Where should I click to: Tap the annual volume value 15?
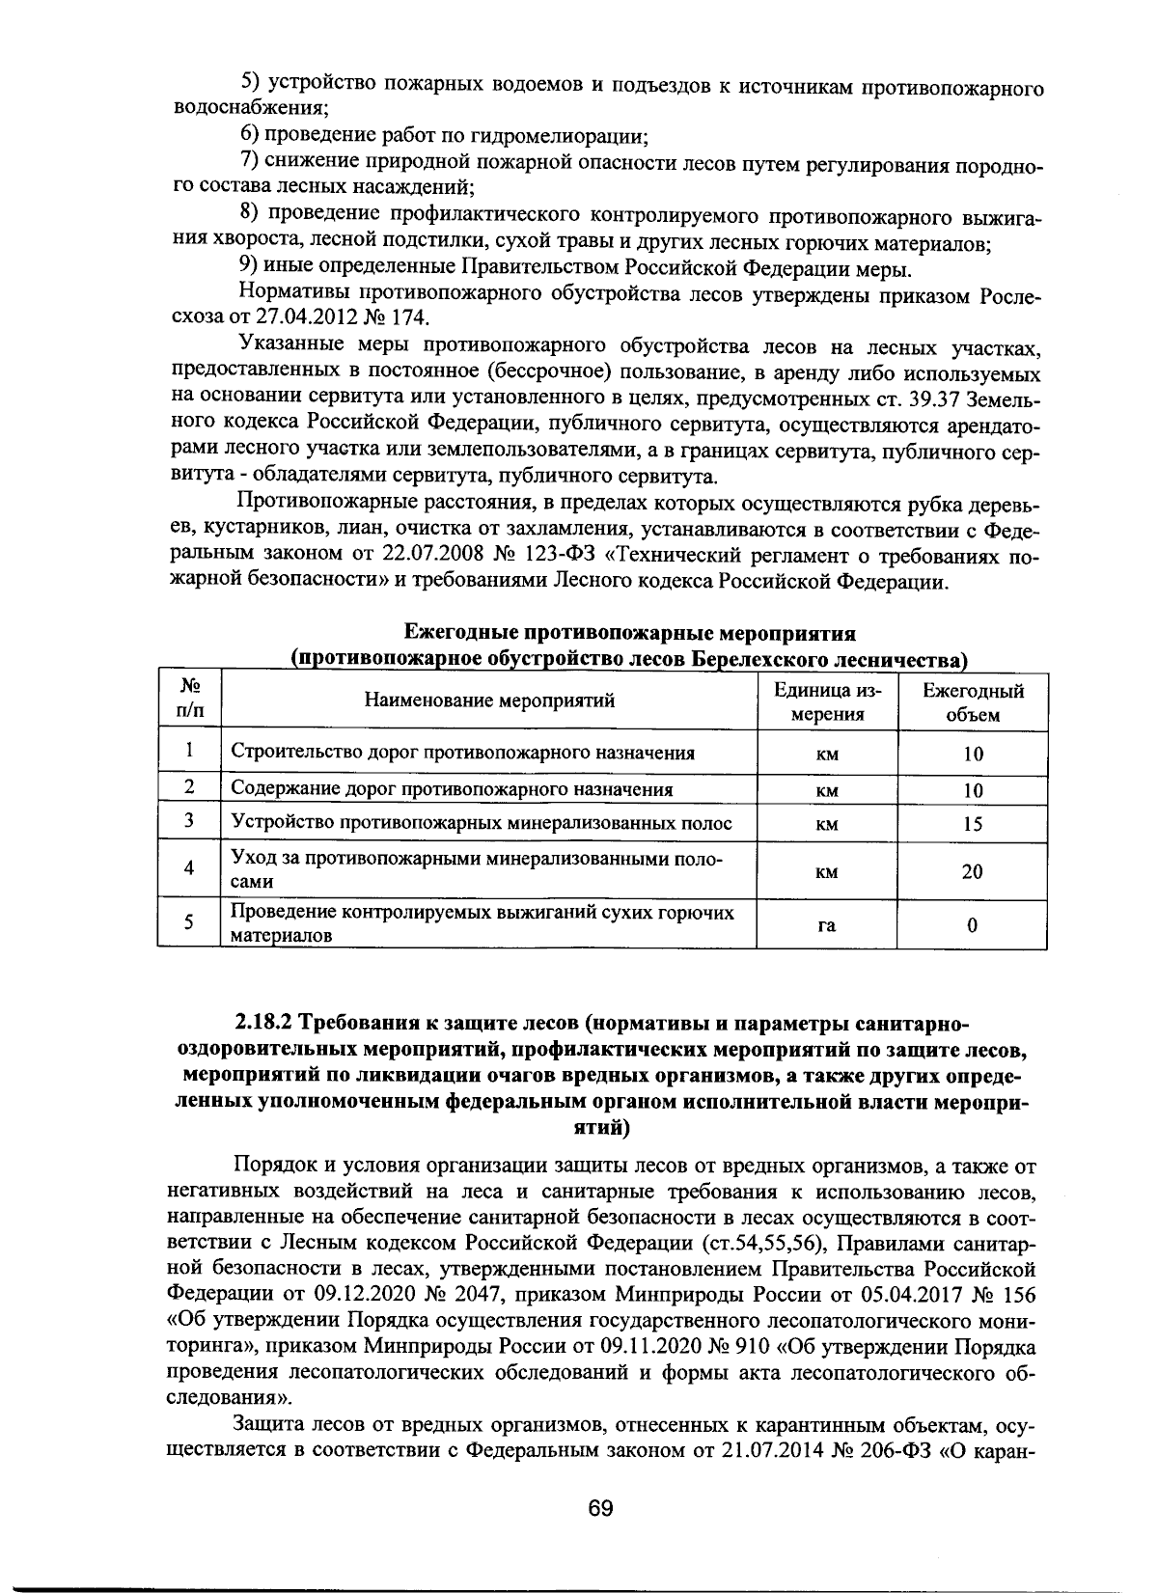[x=972, y=824]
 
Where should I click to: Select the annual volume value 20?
[x=972, y=871]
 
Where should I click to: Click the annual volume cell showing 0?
[x=972, y=924]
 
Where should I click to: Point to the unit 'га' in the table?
[x=826, y=924]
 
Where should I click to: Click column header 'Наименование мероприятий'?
[x=488, y=700]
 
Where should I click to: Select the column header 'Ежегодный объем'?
[x=972, y=702]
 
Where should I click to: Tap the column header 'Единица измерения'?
[x=826, y=702]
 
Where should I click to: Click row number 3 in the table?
[x=190, y=821]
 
